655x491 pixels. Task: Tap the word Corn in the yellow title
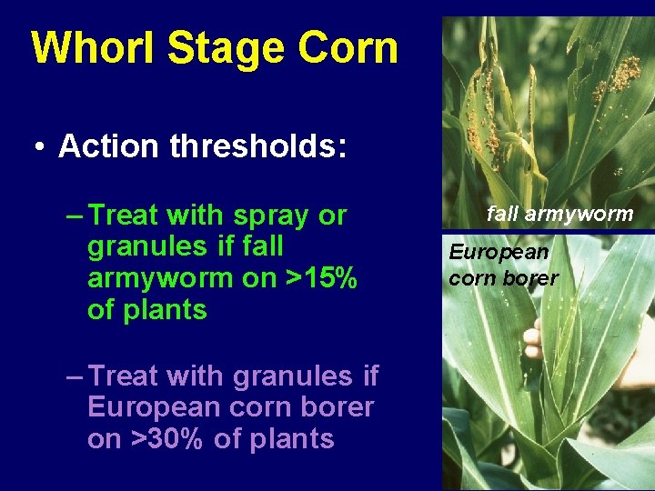351,48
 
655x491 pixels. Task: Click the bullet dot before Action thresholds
42,147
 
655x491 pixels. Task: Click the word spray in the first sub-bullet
270,215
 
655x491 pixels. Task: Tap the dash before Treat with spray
76,215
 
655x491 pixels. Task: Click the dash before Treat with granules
76,376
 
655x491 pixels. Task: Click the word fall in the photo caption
500,215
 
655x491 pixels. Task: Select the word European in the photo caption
499,252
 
